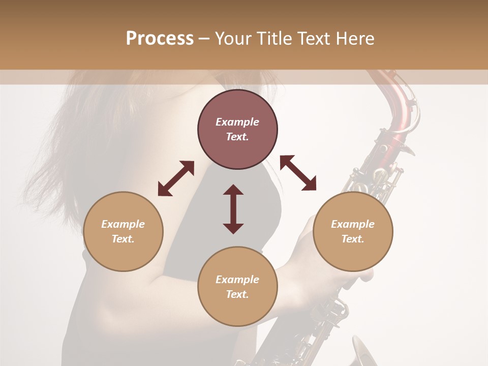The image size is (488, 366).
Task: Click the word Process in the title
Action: click(x=160, y=39)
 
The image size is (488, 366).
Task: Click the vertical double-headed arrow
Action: click(x=233, y=209)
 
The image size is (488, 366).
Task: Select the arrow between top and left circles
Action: click(x=176, y=178)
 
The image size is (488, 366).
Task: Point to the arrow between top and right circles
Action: click(x=298, y=173)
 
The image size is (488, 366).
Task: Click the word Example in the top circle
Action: click(x=237, y=122)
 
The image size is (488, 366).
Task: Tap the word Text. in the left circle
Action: click(x=123, y=239)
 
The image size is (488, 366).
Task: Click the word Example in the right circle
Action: click(x=353, y=224)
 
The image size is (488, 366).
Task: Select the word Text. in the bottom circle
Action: click(x=237, y=294)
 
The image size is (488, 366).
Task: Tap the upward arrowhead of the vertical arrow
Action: click(x=233, y=190)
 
